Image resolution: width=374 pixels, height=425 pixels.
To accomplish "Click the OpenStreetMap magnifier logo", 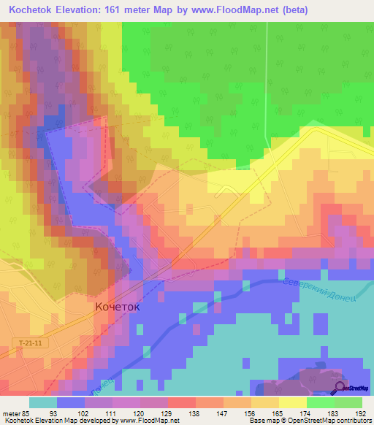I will click(340, 388).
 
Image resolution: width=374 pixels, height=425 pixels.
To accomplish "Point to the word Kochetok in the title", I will click(34, 10).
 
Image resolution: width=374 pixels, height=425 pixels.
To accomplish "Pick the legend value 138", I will click(195, 413).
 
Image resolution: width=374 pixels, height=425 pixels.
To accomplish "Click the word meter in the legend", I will click(9, 413).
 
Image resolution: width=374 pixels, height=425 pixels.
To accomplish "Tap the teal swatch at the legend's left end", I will click(42, 402).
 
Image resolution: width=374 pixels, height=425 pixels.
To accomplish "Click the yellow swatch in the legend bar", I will click(292, 402).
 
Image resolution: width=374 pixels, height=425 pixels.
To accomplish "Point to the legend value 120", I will click(140, 413).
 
